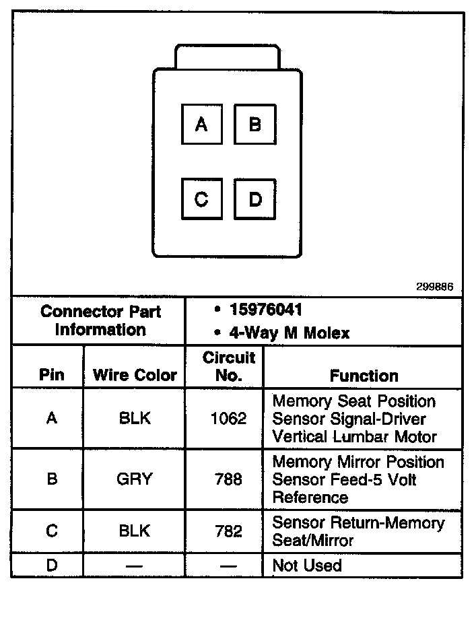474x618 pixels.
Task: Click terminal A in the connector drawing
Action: pyautogui.click(x=202, y=124)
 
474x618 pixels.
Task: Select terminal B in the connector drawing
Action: pyautogui.click(x=255, y=124)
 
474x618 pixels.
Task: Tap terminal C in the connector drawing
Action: pyautogui.click(x=202, y=199)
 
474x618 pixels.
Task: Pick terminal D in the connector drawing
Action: pyautogui.click(x=255, y=199)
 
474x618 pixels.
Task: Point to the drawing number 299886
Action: pyautogui.click(x=435, y=287)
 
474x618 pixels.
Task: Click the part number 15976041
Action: pyautogui.click(x=265, y=310)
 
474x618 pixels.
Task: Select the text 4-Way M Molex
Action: pyautogui.click(x=290, y=333)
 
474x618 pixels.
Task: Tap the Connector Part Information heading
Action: pyautogui.click(x=100, y=320)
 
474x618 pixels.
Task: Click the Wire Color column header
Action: pyautogui.click(x=135, y=375)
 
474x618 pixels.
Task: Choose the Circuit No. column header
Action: pyautogui.click(x=229, y=366)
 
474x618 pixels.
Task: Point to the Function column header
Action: pyautogui.click(x=364, y=376)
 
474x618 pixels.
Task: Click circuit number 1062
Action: pyautogui.click(x=229, y=419)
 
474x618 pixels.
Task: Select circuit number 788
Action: pyautogui.click(x=229, y=479)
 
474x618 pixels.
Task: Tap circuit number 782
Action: pyautogui.click(x=229, y=531)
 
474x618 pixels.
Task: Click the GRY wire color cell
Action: pyautogui.click(x=135, y=479)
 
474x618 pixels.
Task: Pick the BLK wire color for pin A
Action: pyautogui.click(x=135, y=419)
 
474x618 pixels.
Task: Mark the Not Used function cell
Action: pyautogui.click(x=307, y=566)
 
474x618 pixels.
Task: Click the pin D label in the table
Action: pyautogui.click(x=52, y=566)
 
